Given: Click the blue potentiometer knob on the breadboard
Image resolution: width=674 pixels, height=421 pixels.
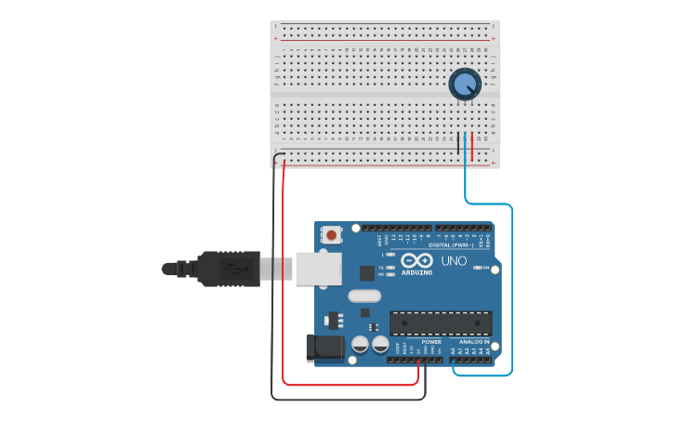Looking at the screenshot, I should point(465,84).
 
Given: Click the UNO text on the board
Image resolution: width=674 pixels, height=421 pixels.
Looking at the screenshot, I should point(454,261).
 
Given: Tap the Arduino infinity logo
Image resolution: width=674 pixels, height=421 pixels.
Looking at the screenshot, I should point(416,260).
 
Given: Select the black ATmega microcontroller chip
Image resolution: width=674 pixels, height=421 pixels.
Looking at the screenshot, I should point(440,322).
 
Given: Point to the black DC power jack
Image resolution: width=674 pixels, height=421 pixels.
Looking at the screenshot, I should point(323,348).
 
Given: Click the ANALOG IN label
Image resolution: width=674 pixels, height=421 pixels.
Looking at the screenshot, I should point(474,341).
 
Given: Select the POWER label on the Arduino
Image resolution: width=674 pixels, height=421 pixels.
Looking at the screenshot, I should point(431,341).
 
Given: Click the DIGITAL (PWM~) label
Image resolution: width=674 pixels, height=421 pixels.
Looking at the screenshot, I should point(451,244).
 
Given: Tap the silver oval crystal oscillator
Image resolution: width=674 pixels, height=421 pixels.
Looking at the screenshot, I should point(364,296).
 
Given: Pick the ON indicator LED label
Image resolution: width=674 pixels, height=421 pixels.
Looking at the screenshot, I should point(486,269).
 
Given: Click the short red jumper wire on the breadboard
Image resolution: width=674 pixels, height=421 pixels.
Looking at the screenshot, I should point(472,144).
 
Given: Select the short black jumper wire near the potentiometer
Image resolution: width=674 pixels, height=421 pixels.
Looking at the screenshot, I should point(458,144).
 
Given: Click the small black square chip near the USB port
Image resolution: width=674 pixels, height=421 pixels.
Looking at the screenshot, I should point(367,273).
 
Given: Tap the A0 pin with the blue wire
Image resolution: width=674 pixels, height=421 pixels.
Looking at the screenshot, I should point(454,359).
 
